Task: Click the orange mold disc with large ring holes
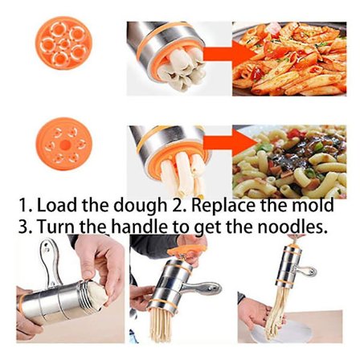(63, 43)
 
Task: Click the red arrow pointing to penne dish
(229, 54)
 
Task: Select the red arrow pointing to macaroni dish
(230, 142)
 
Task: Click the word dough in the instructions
(140, 206)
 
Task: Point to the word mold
(313, 205)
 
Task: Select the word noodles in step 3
(292, 227)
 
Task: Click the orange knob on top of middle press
(186, 251)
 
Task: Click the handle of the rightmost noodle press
(305, 272)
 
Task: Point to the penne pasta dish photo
(289, 59)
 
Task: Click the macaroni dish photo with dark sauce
(289, 162)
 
